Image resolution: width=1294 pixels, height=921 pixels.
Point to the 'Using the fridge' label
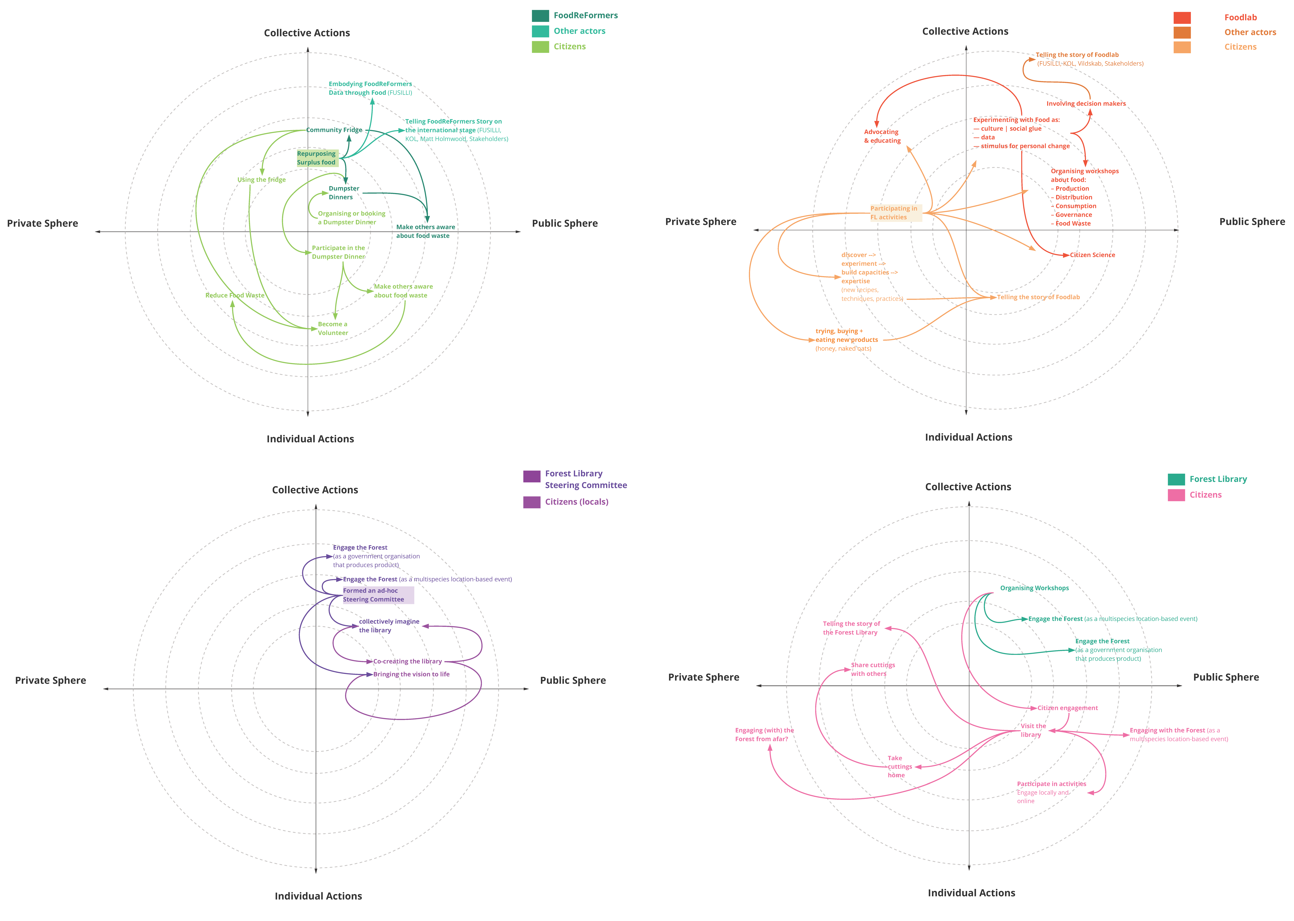tap(261, 180)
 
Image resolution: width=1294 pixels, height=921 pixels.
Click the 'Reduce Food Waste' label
tap(235, 295)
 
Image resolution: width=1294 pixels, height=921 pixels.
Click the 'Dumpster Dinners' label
tap(344, 193)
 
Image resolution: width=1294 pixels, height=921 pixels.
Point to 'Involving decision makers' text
tap(1086, 104)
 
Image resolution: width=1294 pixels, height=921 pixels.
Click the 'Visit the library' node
tap(1033, 730)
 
